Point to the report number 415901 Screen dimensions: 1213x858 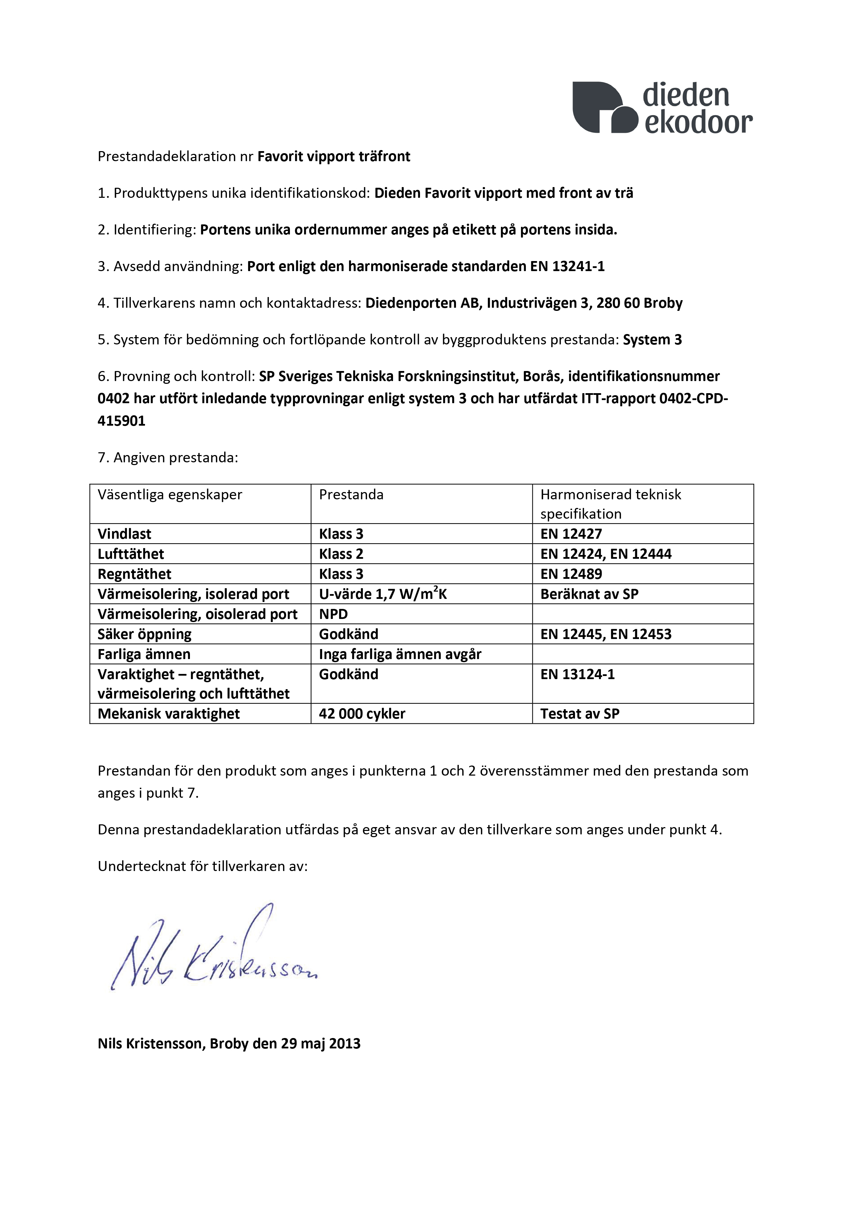(121, 421)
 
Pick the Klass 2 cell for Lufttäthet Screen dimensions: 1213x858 (341, 554)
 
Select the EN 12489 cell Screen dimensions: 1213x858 (571, 574)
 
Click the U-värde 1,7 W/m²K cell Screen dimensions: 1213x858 (383, 594)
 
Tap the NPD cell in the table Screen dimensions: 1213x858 (333, 614)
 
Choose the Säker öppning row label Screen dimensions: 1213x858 (144, 635)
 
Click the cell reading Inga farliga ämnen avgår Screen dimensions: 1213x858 (400, 655)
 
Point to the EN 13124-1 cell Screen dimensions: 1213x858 (577, 675)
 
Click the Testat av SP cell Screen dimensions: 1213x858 (579, 714)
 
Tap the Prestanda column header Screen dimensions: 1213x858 (351, 495)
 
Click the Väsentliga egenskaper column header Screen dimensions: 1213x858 (170, 495)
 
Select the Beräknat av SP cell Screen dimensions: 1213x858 (589, 594)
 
